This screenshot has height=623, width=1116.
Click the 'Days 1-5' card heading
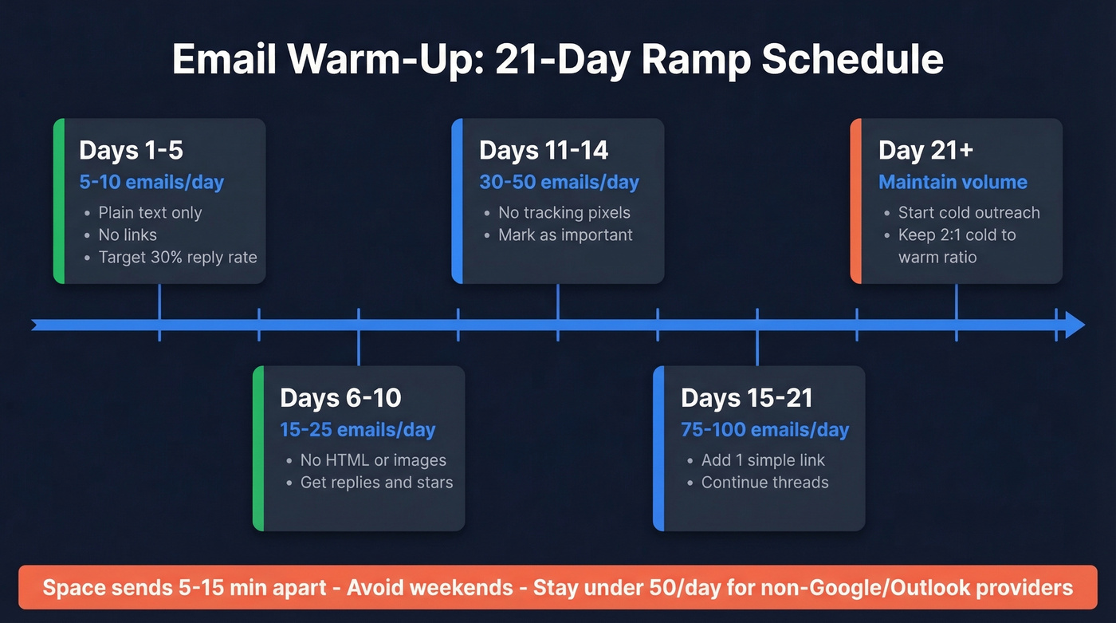[131, 150]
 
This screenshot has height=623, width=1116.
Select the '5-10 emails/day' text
[151, 182]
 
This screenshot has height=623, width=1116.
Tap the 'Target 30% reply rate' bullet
[177, 257]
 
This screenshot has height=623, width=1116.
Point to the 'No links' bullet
[128, 235]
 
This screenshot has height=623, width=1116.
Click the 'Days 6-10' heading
[340, 397]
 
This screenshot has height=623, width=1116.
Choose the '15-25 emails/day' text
[357, 430]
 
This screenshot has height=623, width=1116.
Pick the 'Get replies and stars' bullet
[376, 483]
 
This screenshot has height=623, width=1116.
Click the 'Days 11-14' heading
[544, 150]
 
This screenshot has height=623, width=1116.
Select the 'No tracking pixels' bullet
[564, 212]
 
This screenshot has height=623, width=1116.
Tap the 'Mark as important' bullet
[565, 235]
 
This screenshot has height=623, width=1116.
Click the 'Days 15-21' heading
[747, 397]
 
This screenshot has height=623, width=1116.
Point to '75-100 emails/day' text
[764, 430]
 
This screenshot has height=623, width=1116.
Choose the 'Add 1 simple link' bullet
[763, 460]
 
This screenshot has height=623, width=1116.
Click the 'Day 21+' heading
[925, 150]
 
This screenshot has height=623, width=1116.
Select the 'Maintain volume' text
[953, 182]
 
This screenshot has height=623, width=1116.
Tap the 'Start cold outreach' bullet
[969, 212]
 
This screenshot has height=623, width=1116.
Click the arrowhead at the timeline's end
[1075, 325]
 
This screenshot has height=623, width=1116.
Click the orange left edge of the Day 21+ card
[855, 201]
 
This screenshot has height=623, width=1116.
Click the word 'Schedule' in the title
[852, 60]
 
